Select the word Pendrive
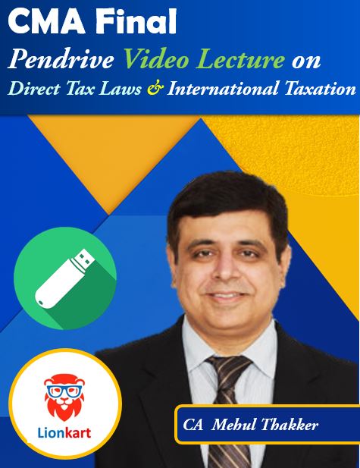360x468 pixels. [x=61, y=59]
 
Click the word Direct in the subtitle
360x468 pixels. [x=34, y=89]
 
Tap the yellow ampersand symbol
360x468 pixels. [x=155, y=89]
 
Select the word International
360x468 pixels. [x=222, y=89]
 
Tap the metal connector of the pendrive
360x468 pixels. [x=84, y=259]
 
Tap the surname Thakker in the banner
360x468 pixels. [x=290, y=425]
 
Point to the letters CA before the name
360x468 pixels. [x=193, y=425]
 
